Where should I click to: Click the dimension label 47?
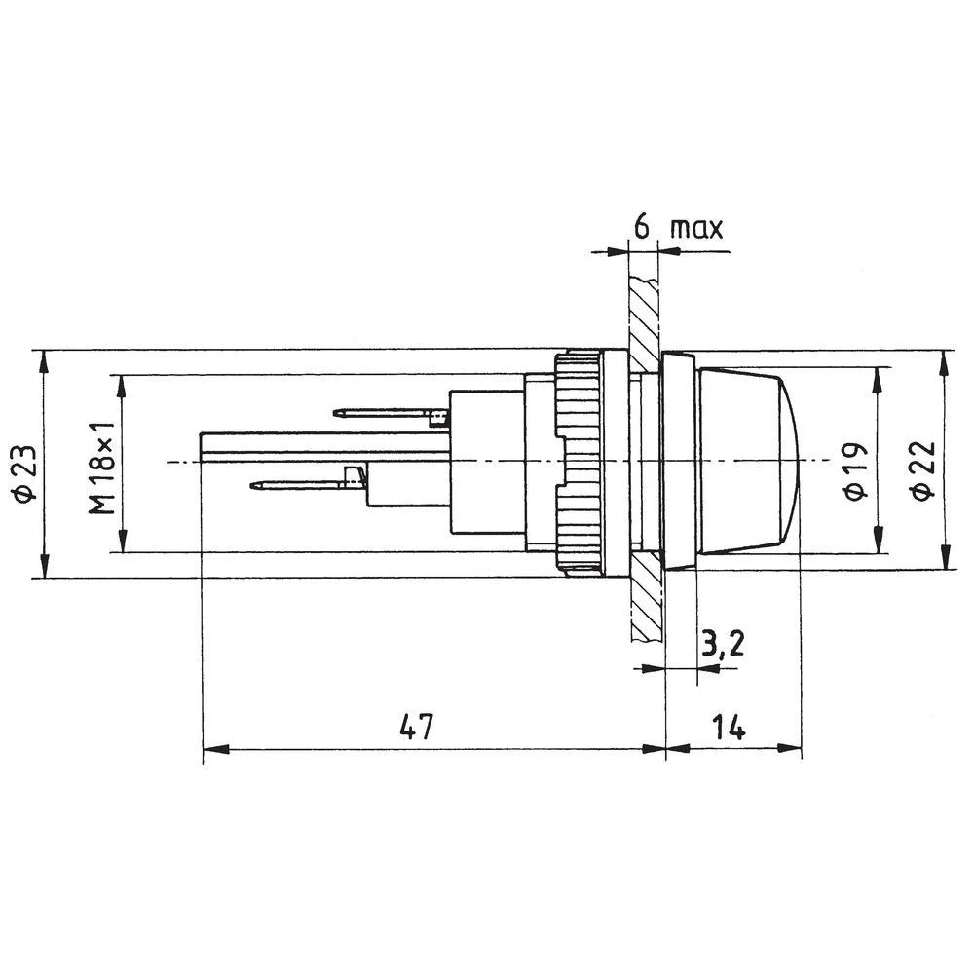(x=415, y=728)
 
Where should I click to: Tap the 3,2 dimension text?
(x=722, y=644)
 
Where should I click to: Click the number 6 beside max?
(x=642, y=227)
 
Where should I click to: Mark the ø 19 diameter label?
(x=855, y=470)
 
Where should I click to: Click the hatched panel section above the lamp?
(x=644, y=312)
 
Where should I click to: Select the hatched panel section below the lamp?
(x=644, y=604)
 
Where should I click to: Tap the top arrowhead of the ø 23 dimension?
(x=43, y=360)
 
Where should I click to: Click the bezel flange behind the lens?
(x=679, y=461)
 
